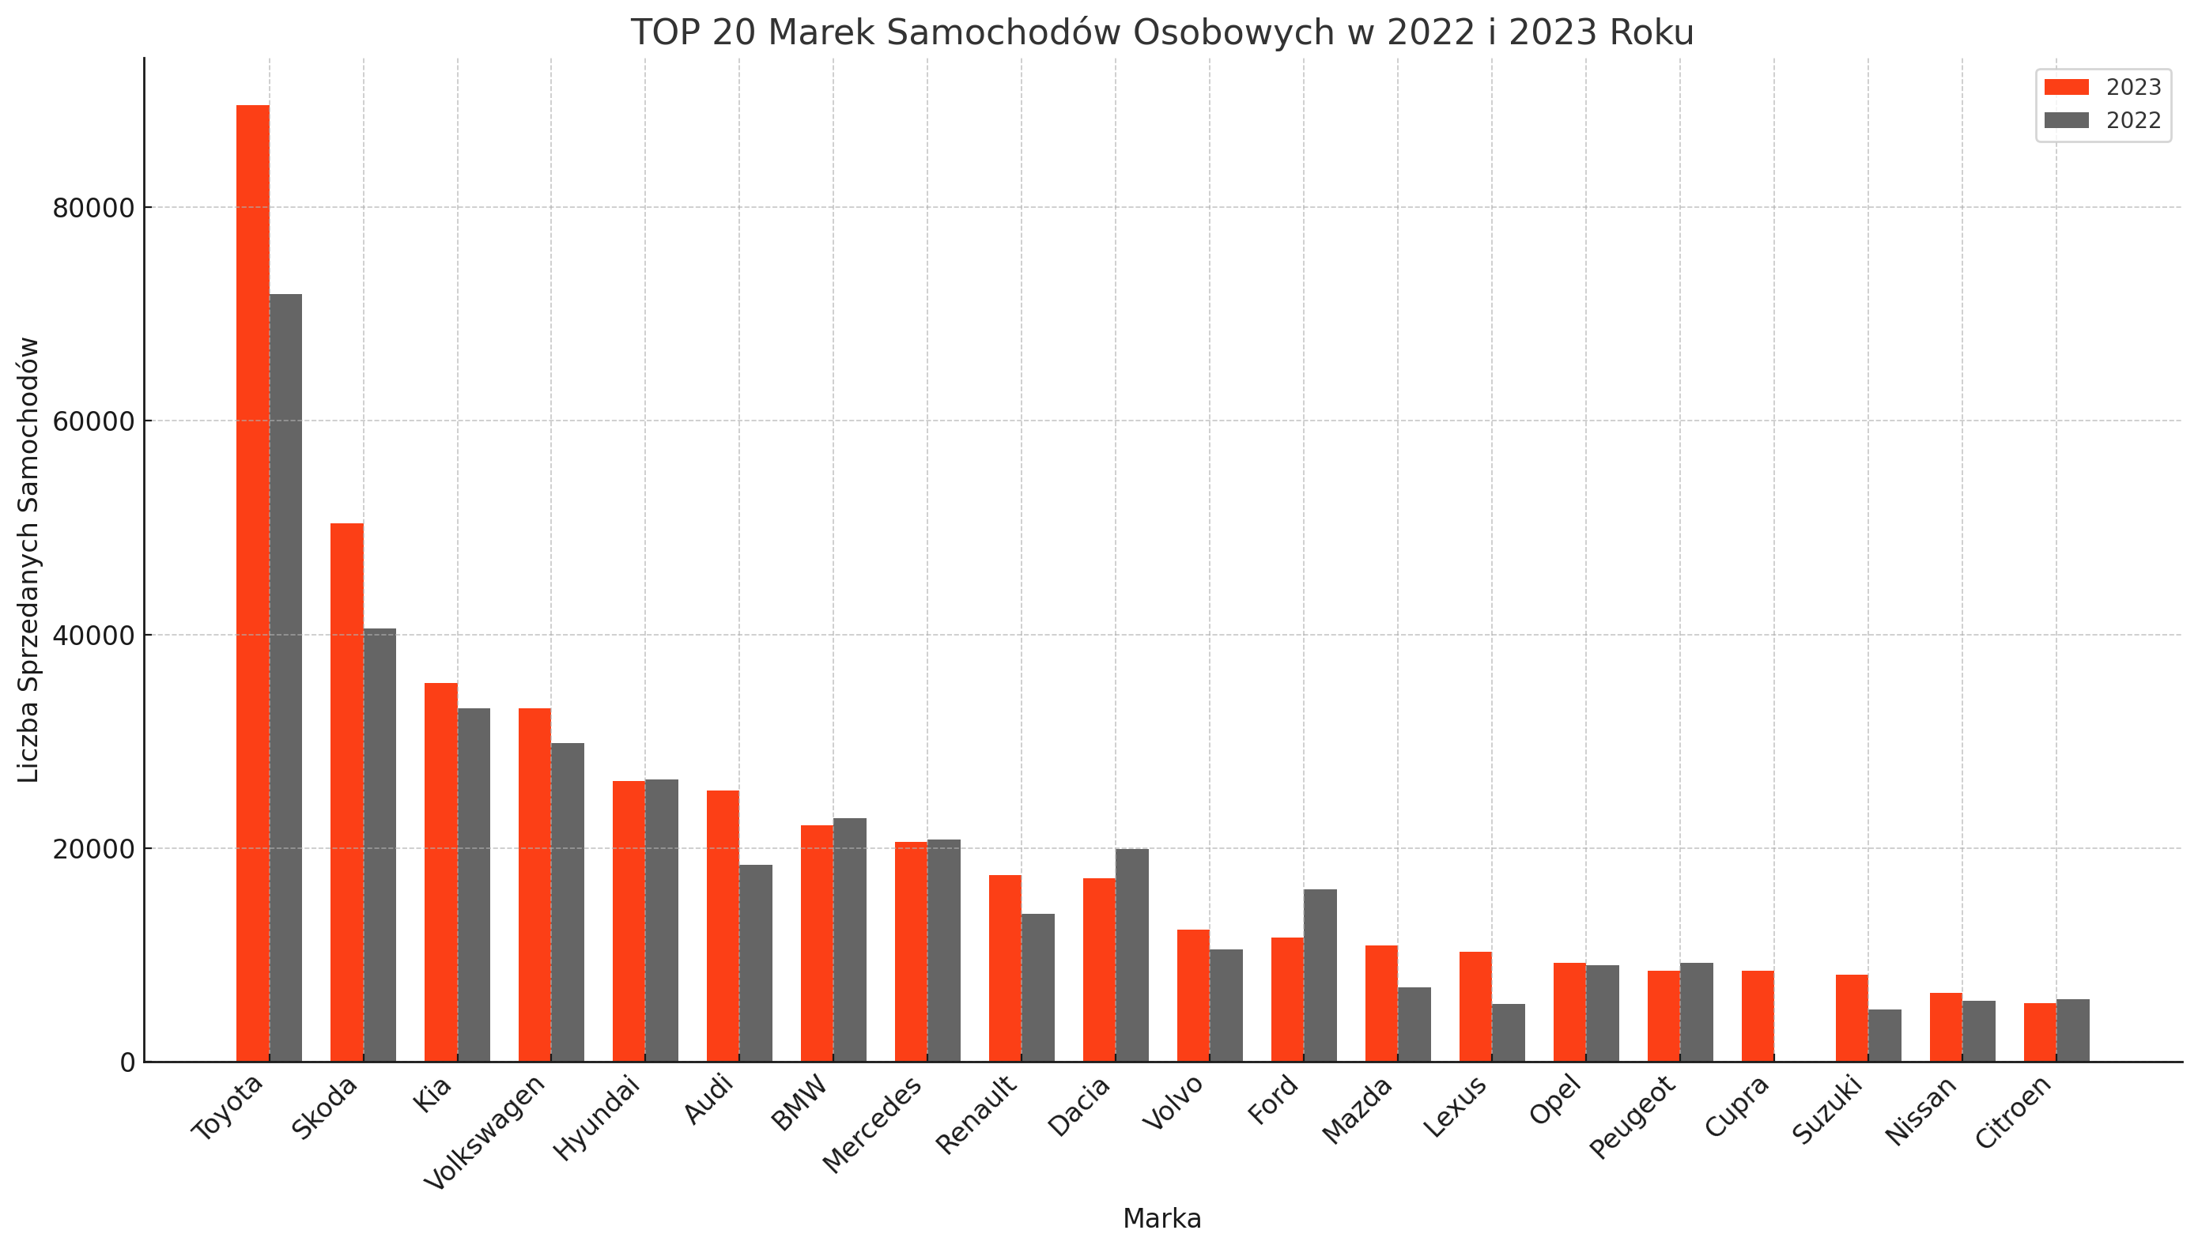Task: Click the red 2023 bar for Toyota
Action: (x=252, y=583)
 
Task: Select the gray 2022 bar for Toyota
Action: (x=285, y=677)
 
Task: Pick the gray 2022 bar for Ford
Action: (x=1320, y=975)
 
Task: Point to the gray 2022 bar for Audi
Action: (x=756, y=963)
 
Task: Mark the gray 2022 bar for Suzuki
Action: (x=1885, y=1036)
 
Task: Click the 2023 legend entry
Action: (x=2102, y=88)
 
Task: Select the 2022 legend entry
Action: (x=2102, y=121)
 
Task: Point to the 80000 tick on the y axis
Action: (x=93, y=209)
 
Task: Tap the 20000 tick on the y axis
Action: (x=93, y=849)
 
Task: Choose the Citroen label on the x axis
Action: (x=2014, y=1111)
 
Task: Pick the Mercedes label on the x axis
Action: (x=873, y=1124)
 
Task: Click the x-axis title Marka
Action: (x=1161, y=1218)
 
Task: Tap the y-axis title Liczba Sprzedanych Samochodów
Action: (x=29, y=560)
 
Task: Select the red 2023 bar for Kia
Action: (x=441, y=872)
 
